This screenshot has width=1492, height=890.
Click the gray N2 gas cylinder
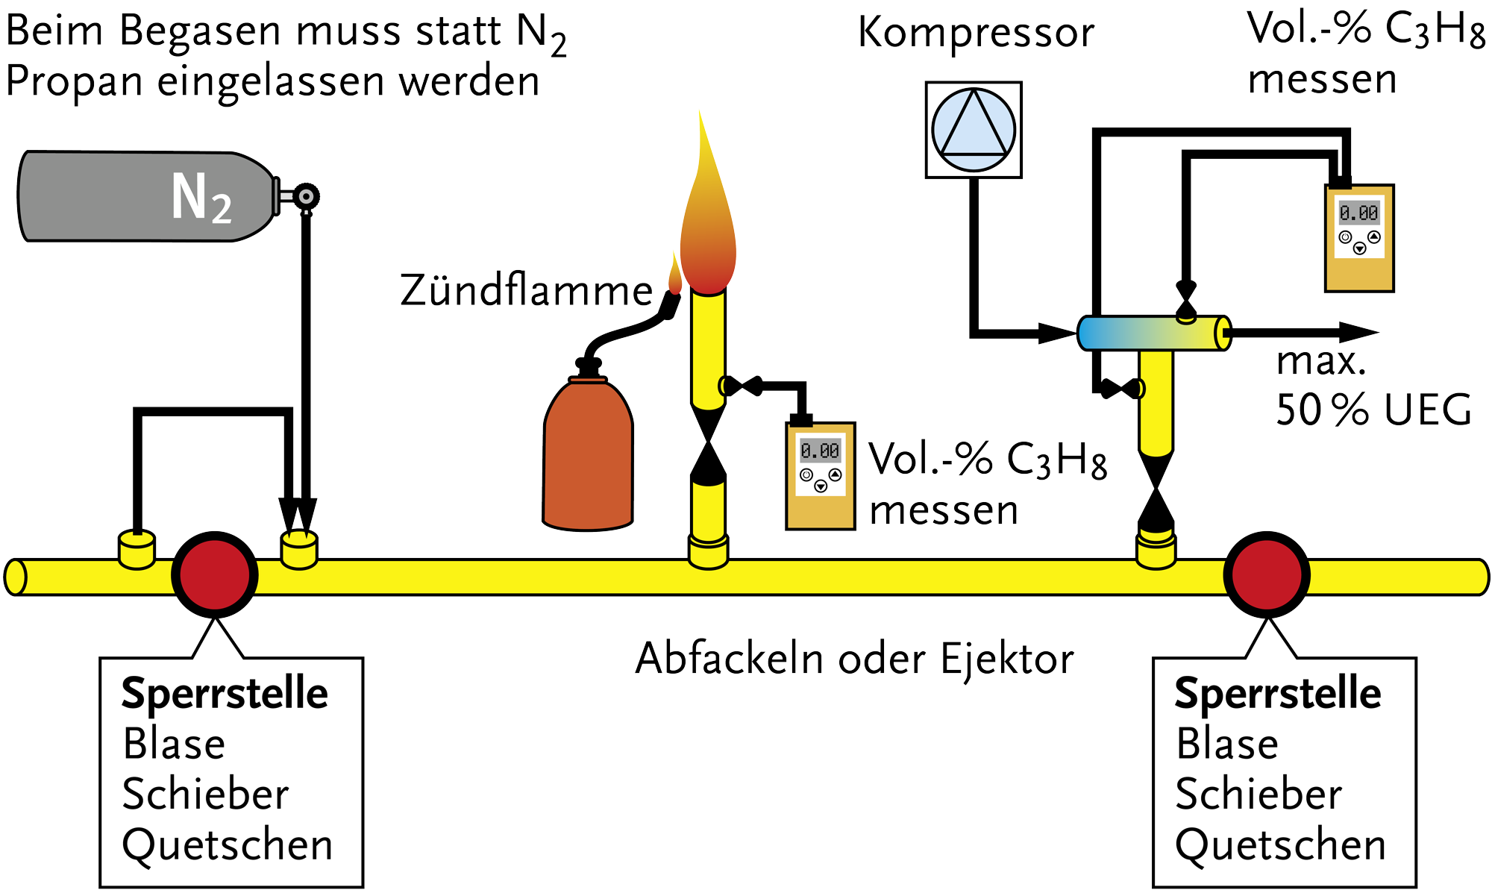(142, 196)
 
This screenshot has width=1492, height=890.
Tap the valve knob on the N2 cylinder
(305, 197)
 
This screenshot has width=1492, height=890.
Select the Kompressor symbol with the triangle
(974, 130)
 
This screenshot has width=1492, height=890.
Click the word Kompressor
(976, 33)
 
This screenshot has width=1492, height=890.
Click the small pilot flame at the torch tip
(675, 275)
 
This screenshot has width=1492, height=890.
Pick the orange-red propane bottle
(588, 455)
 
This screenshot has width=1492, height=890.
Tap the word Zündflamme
(526, 291)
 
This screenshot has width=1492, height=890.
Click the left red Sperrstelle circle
(215, 574)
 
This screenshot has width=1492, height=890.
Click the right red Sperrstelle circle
(1266, 574)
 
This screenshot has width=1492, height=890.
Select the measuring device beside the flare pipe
(820, 476)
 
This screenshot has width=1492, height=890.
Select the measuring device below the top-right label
(1359, 237)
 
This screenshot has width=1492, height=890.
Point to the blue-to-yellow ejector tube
(1153, 333)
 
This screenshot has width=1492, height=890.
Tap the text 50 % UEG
(1373, 410)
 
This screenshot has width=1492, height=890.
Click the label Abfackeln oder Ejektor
(854, 659)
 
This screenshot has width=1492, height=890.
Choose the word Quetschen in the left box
(228, 845)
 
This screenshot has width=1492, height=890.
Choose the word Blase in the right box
(1227, 744)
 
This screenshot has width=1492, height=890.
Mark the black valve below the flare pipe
(708, 442)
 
